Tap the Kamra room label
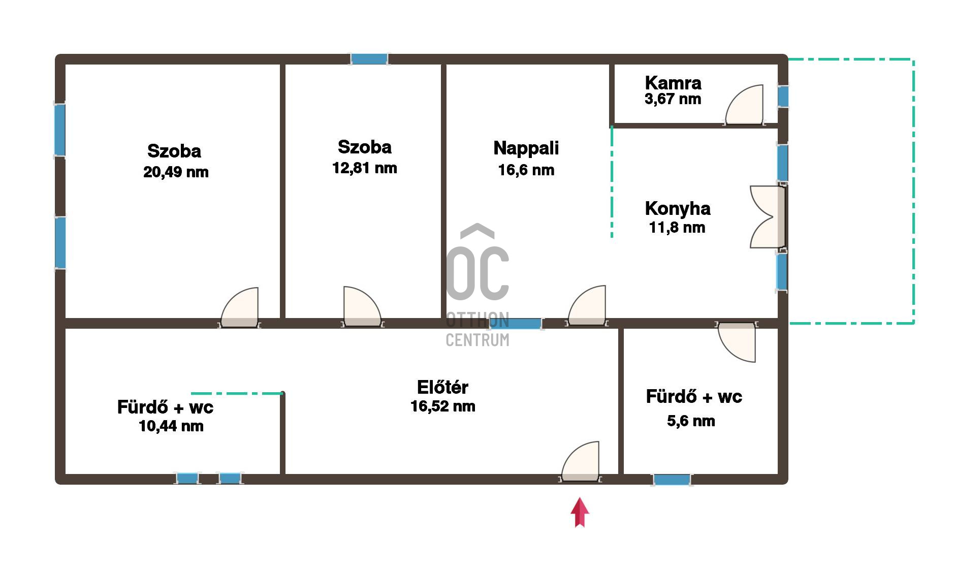(673, 83)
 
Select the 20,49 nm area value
(176, 172)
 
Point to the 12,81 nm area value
(365, 168)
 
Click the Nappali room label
(526, 148)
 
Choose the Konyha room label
(678, 209)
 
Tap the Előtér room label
(442, 387)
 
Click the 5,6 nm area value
(691, 421)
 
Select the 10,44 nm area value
(171, 426)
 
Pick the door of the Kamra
(745, 105)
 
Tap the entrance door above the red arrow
(581, 462)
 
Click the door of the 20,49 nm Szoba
(240, 307)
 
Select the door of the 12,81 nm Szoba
(362, 307)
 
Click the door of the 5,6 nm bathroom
(737, 341)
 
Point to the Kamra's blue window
(783, 97)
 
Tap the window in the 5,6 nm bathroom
(672, 480)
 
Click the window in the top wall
(369, 59)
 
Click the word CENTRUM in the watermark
(477, 340)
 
